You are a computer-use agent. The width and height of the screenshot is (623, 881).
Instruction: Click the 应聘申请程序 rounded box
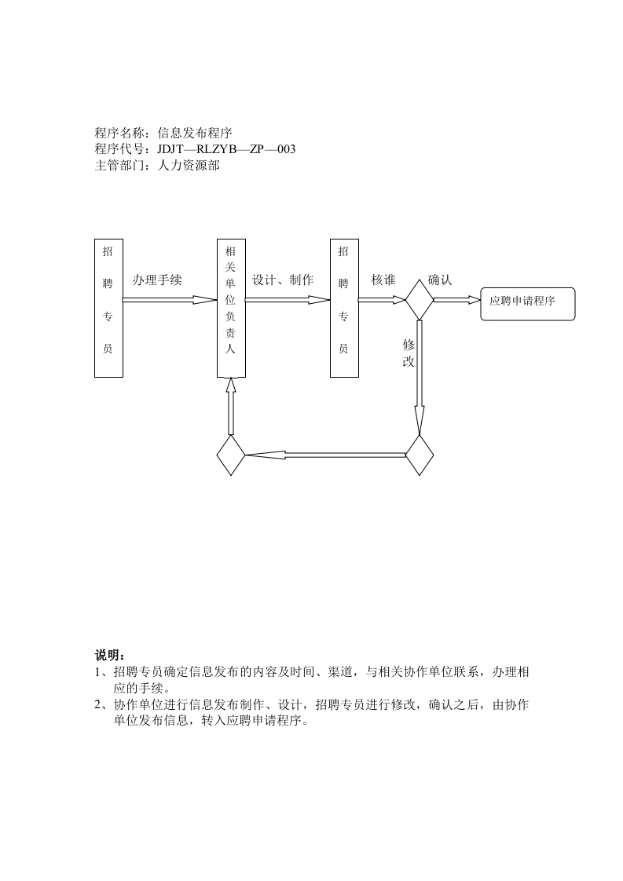[527, 303]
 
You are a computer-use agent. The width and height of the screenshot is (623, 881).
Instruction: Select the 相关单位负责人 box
[230, 308]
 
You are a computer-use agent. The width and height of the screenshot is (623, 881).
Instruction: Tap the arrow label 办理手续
[157, 280]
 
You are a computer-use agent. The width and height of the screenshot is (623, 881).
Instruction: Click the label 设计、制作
[283, 280]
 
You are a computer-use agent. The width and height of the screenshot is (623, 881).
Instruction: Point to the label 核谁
[383, 280]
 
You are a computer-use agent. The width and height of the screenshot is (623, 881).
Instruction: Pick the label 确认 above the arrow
[440, 280]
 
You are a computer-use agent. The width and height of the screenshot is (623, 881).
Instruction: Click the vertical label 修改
[409, 353]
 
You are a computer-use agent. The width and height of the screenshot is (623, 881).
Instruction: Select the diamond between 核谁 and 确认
[419, 299]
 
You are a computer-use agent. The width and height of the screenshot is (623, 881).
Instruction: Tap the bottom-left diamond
[231, 455]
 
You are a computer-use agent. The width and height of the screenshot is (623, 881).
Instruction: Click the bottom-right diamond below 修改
[420, 455]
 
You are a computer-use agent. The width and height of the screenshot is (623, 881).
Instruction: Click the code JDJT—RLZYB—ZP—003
[226, 149]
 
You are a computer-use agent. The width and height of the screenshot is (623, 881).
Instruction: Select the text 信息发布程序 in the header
[195, 133]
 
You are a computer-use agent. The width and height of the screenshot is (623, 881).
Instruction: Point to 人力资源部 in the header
[189, 165]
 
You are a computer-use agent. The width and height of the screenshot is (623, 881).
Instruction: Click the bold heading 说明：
[110, 656]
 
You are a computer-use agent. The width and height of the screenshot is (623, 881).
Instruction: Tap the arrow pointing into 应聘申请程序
[456, 299]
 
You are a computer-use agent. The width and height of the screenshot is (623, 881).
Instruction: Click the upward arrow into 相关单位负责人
[231, 406]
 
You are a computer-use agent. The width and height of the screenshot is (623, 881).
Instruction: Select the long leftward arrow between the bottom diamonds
[325, 455]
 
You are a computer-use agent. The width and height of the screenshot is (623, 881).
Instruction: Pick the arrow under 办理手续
[170, 299]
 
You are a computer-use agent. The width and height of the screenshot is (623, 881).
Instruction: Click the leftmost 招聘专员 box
[108, 308]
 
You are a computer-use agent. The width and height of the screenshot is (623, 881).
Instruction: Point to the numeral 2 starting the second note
[98, 705]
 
